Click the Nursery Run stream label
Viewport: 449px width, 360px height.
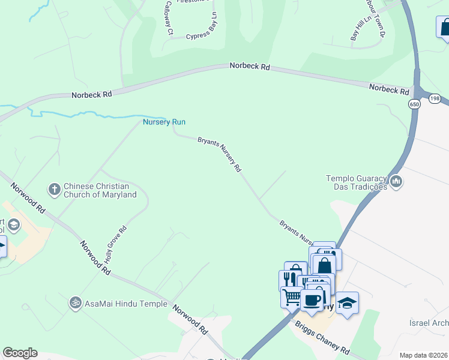point(164,122)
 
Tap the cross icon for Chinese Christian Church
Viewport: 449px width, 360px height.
point(54,190)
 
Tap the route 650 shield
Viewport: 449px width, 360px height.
point(415,104)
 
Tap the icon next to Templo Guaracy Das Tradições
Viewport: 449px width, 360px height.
point(396,181)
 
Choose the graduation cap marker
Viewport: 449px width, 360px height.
point(346,302)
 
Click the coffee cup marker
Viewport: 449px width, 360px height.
point(312,301)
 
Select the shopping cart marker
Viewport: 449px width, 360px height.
point(292,296)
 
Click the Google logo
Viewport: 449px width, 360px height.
point(20,353)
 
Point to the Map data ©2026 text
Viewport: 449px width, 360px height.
point(423,355)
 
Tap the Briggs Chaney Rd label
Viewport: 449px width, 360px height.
point(322,336)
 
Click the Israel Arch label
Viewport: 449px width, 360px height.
point(429,323)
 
